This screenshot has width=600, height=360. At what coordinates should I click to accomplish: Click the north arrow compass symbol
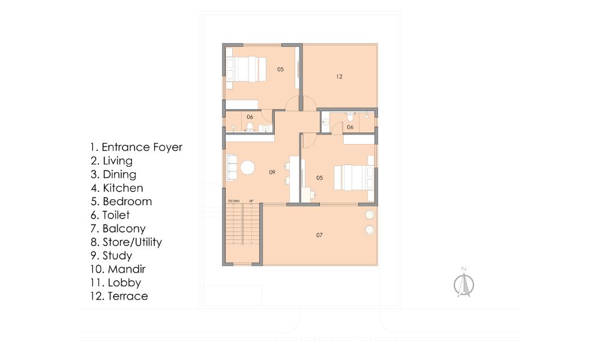(464, 283)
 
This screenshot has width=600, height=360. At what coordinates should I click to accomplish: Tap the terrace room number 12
(339, 77)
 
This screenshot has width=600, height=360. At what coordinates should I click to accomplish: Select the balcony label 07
(320, 235)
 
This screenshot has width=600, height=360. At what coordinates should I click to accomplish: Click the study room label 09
(272, 172)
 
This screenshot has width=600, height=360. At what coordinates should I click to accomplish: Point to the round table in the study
(247, 167)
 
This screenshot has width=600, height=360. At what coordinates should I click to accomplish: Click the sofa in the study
(232, 167)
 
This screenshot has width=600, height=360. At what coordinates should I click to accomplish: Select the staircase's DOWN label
(234, 201)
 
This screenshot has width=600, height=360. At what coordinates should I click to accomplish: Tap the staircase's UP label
(251, 201)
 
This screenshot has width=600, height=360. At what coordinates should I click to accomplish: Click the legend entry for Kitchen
(117, 188)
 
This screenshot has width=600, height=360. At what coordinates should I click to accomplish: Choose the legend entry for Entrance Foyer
(136, 147)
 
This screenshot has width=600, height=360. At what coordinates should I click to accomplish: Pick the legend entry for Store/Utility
(126, 242)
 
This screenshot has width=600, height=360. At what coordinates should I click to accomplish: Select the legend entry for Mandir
(118, 269)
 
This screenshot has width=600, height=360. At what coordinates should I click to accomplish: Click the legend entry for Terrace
(119, 296)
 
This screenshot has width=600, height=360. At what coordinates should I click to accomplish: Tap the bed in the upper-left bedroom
(246, 69)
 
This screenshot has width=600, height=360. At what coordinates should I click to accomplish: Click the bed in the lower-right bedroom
(354, 178)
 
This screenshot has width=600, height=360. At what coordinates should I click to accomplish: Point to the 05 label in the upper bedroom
(280, 69)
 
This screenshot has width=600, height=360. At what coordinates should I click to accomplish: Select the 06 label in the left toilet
(250, 117)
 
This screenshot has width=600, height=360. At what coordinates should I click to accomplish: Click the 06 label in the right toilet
(350, 127)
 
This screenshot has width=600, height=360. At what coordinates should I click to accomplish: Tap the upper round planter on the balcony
(370, 215)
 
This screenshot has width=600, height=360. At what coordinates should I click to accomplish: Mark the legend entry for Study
(112, 256)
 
